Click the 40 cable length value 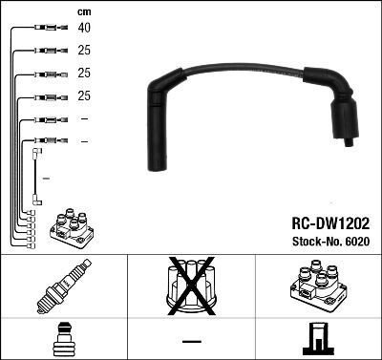pos(84,28)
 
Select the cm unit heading pos(83,11)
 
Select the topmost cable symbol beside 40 pos(46,28)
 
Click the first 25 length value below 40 pos(84,51)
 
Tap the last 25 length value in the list pos(84,96)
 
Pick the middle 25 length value pos(84,74)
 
